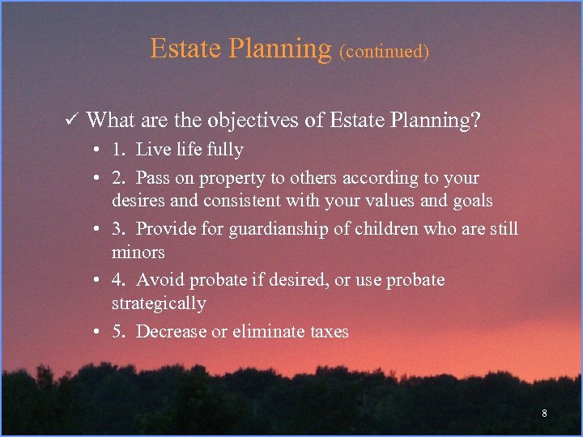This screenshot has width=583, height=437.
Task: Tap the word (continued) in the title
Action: (384, 52)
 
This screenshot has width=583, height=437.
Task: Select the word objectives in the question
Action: (250, 121)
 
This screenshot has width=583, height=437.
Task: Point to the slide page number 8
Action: (544, 414)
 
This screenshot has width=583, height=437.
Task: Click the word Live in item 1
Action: (153, 150)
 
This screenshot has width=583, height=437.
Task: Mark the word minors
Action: (138, 252)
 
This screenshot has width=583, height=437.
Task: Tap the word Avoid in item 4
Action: (158, 280)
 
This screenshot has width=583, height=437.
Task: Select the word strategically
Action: (159, 304)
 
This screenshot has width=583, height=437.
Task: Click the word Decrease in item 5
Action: (172, 332)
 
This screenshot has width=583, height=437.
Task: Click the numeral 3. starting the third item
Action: (119, 229)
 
